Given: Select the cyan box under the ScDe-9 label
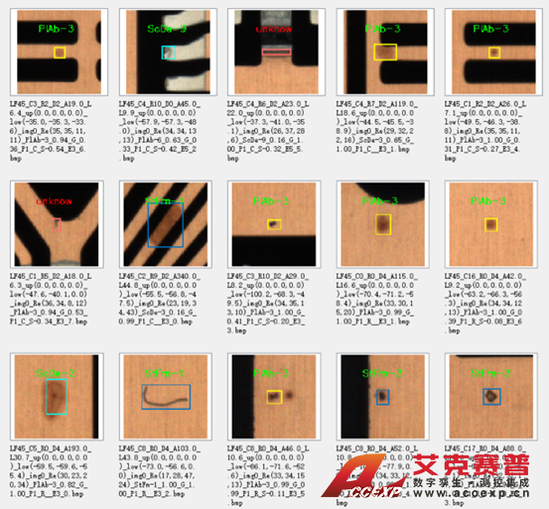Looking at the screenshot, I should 168,51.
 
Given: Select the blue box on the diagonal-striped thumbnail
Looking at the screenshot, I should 164,224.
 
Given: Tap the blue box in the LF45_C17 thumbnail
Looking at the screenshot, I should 490,396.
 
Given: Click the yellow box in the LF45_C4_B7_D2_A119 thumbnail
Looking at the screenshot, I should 383,51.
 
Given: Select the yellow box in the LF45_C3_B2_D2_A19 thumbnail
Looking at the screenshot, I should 60,51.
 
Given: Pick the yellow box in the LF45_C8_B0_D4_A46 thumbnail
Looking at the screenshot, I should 274,394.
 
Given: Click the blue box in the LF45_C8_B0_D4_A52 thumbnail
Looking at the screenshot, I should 382,396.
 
